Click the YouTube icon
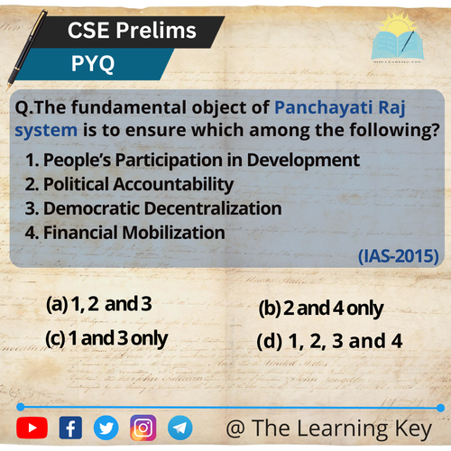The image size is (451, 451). [x=32, y=428]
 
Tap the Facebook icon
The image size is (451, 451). [x=70, y=428]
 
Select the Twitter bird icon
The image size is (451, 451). [x=106, y=428]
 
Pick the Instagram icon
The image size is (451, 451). [x=143, y=428]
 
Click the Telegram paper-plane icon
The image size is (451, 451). [x=179, y=428]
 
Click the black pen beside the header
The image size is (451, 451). [x=26, y=50]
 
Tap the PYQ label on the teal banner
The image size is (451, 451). [x=93, y=64]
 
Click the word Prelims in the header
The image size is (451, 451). [x=156, y=31]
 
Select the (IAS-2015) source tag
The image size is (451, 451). [x=398, y=256]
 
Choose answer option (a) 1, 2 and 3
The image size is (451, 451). [x=99, y=304]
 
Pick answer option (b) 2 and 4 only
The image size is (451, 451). [x=321, y=308]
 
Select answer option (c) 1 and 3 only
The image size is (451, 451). [x=106, y=339]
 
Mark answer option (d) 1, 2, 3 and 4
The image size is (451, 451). [x=329, y=341]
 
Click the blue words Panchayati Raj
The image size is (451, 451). [x=340, y=108]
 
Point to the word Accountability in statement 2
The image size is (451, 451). [x=173, y=184]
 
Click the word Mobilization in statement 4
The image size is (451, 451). [x=174, y=233]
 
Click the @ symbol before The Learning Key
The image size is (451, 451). [x=235, y=428]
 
